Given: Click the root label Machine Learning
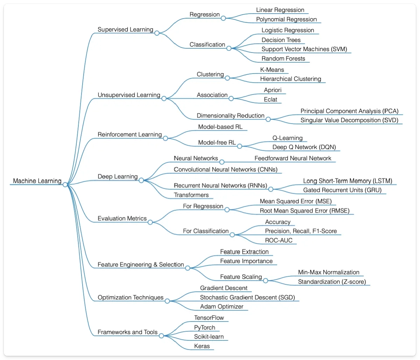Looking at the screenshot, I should click(x=37, y=181).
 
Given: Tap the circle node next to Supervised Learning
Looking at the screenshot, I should click(x=157, y=33).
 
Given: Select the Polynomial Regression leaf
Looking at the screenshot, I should click(x=286, y=20).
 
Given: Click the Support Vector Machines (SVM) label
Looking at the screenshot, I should click(x=304, y=49).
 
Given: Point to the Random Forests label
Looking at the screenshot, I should click(x=283, y=58).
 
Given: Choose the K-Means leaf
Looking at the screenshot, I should click(x=272, y=70).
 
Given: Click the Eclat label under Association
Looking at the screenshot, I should click(x=270, y=99).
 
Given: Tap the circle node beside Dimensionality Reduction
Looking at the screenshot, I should click(x=268, y=119).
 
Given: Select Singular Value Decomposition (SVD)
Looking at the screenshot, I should click(x=349, y=120).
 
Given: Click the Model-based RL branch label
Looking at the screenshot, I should click(x=220, y=127).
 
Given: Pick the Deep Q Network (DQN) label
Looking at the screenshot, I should click(x=304, y=147).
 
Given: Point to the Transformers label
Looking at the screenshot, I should click(x=191, y=195).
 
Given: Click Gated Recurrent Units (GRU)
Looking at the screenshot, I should click(x=342, y=190).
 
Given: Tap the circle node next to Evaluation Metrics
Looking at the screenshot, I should click(x=150, y=222).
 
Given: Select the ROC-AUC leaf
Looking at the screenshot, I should click(x=279, y=240).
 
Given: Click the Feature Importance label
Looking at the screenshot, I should click(x=246, y=261).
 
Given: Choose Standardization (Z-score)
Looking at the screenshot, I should click(x=331, y=282).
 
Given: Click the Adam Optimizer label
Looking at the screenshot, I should click(x=221, y=307).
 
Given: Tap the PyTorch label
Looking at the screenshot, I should click(x=204, y=328).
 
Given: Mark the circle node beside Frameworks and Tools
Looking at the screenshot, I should click(x=161, y=336).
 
